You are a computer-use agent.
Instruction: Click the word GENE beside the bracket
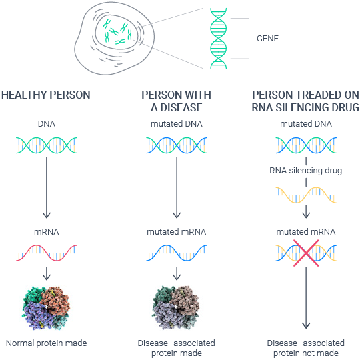tap(267, 38)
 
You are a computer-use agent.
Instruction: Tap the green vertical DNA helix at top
tap(219, 38)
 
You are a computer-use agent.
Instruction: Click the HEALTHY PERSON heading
tap(46, 95)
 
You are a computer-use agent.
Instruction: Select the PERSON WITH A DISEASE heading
tap(177, 101)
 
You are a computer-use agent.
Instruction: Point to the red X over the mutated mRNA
tap(306, 253)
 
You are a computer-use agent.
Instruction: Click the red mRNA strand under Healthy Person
tap(47, 253)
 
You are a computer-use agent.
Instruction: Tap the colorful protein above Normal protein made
tap(46, 308)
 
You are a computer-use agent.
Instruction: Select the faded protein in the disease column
tap(176, 308)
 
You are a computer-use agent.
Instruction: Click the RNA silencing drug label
tap(306, 171)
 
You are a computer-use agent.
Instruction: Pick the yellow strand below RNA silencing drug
tap(306, 195)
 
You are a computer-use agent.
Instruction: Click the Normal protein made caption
tap(46, 343)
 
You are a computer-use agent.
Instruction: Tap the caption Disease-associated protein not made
tap(306, 348)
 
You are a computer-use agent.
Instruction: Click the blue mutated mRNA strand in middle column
tap(177, 253)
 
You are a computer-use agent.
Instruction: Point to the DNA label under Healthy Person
tap(47, 124)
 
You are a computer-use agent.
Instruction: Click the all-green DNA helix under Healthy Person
tap(47, 145)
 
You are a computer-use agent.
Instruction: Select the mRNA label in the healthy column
tap(47, 231)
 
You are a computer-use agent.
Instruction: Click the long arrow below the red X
tap(306, 297)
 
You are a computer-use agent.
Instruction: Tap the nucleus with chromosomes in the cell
tap(117, 32)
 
